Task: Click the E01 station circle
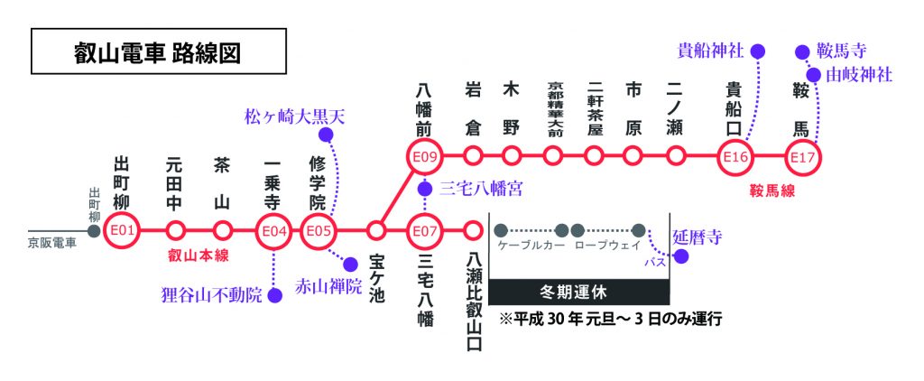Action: point(121,230)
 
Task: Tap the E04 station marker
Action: point(273,230)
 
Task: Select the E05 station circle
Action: point(319,230)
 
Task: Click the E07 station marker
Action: point(425,230)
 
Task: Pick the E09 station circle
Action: point(425,157)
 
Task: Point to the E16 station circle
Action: point(736,157)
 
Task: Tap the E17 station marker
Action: point(802,157)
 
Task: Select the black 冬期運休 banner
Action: point(580,292)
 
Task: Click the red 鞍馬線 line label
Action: point(772,190)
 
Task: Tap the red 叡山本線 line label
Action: point(198,256)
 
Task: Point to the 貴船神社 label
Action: point(710,51)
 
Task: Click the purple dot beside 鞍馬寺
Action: point(802,52)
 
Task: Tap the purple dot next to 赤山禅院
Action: point(351,264)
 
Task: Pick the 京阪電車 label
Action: point(51,242)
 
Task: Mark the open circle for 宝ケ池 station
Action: point(376,230)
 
